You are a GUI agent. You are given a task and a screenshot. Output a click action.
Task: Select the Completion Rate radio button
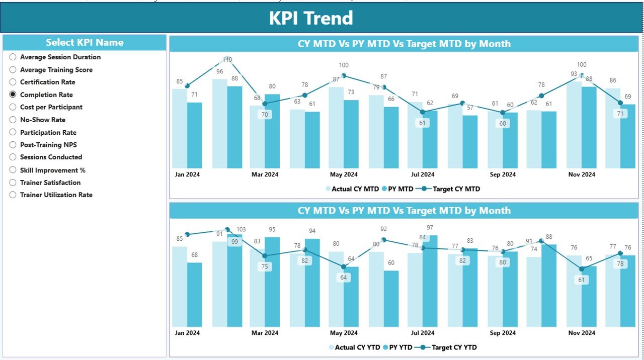point(13,95)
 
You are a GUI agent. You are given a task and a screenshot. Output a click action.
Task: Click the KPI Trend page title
point(310,18)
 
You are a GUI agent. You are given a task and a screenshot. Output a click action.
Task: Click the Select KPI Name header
point(85,43)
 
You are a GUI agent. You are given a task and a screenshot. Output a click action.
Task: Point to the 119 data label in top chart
point(227,60)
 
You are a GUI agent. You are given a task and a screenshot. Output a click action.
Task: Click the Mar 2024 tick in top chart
point(265,174)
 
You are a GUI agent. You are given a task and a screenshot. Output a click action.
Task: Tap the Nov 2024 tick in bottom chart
point(582,333)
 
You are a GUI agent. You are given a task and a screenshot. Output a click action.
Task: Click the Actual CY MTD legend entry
point(354,189)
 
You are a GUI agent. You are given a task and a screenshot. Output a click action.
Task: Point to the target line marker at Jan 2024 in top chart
point(187,86)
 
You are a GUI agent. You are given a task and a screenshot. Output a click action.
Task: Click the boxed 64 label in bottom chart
point(344,278)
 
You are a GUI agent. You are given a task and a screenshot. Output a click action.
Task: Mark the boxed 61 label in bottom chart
point(582,280)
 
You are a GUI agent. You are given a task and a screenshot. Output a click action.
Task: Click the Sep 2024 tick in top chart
point(502,174)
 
